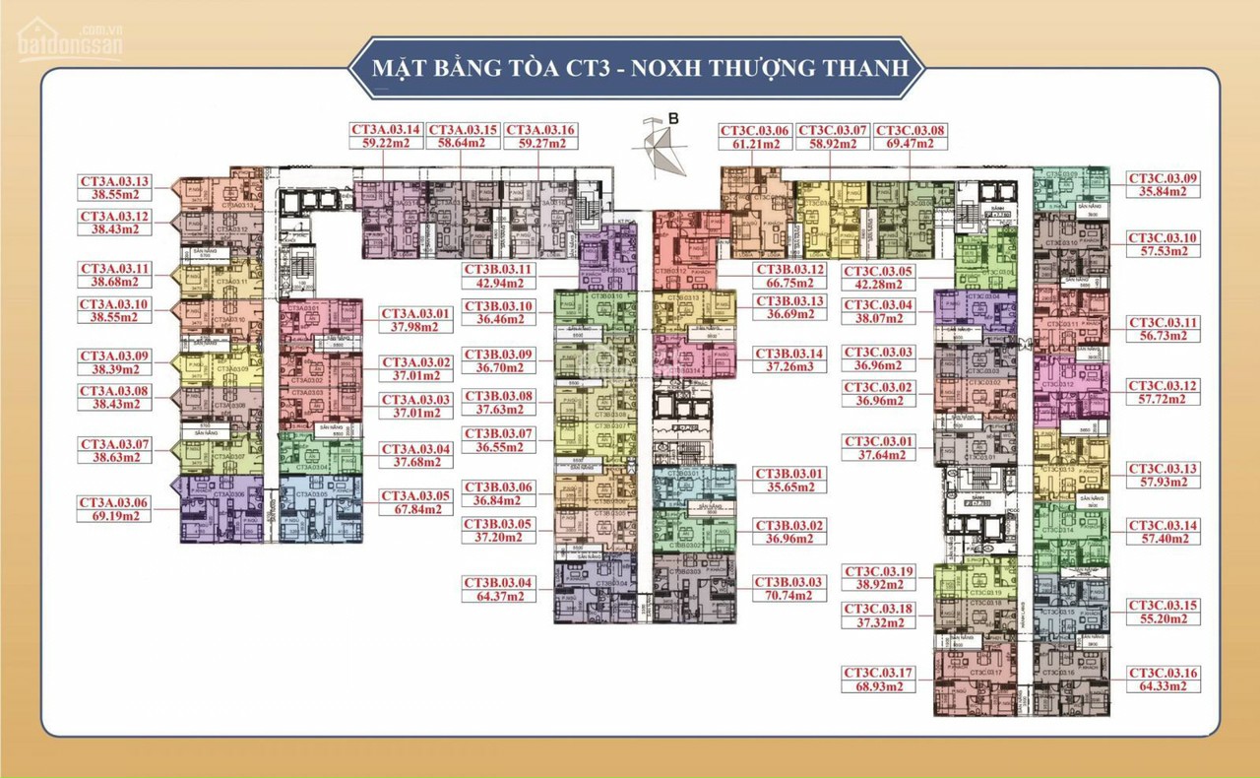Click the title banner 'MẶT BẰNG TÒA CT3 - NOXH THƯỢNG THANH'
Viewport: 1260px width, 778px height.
639,69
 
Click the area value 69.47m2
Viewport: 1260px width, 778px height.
910,144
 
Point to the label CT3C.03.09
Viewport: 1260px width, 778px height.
1163,178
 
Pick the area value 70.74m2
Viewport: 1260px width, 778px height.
787,597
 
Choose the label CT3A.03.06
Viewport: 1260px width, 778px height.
115,502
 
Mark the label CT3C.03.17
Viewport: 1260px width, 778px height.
879,674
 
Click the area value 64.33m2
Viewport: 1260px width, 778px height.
1163,686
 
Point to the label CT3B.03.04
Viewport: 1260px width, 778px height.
498,583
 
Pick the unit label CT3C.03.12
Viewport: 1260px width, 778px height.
1163,386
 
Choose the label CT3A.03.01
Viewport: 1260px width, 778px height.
415,314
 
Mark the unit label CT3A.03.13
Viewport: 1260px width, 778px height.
115,181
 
